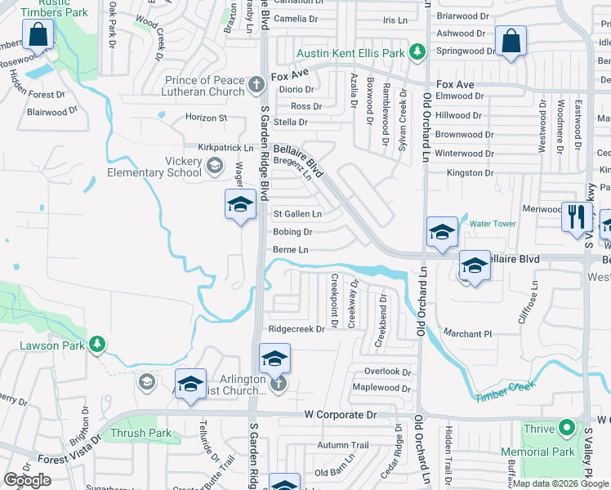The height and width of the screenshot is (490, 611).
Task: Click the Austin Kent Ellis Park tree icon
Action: tap(417, 52)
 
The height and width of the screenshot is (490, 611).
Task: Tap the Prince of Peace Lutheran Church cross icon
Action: tap(256, 84)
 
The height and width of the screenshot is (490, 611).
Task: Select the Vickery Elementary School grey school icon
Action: tap(214, 166)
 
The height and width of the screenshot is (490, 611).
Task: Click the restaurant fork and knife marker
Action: tap(577, 216)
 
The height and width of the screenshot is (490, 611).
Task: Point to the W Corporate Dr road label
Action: tap(340, 415)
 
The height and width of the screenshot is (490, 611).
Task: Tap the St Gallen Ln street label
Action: tap(297, 214)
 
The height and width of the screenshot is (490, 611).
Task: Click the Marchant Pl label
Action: tap(467, 333)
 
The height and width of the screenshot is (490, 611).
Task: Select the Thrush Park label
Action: tap(140, 433)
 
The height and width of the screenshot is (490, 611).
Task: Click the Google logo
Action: tap(27, 480)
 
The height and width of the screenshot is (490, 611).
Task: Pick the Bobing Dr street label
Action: tap(293, 232)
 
